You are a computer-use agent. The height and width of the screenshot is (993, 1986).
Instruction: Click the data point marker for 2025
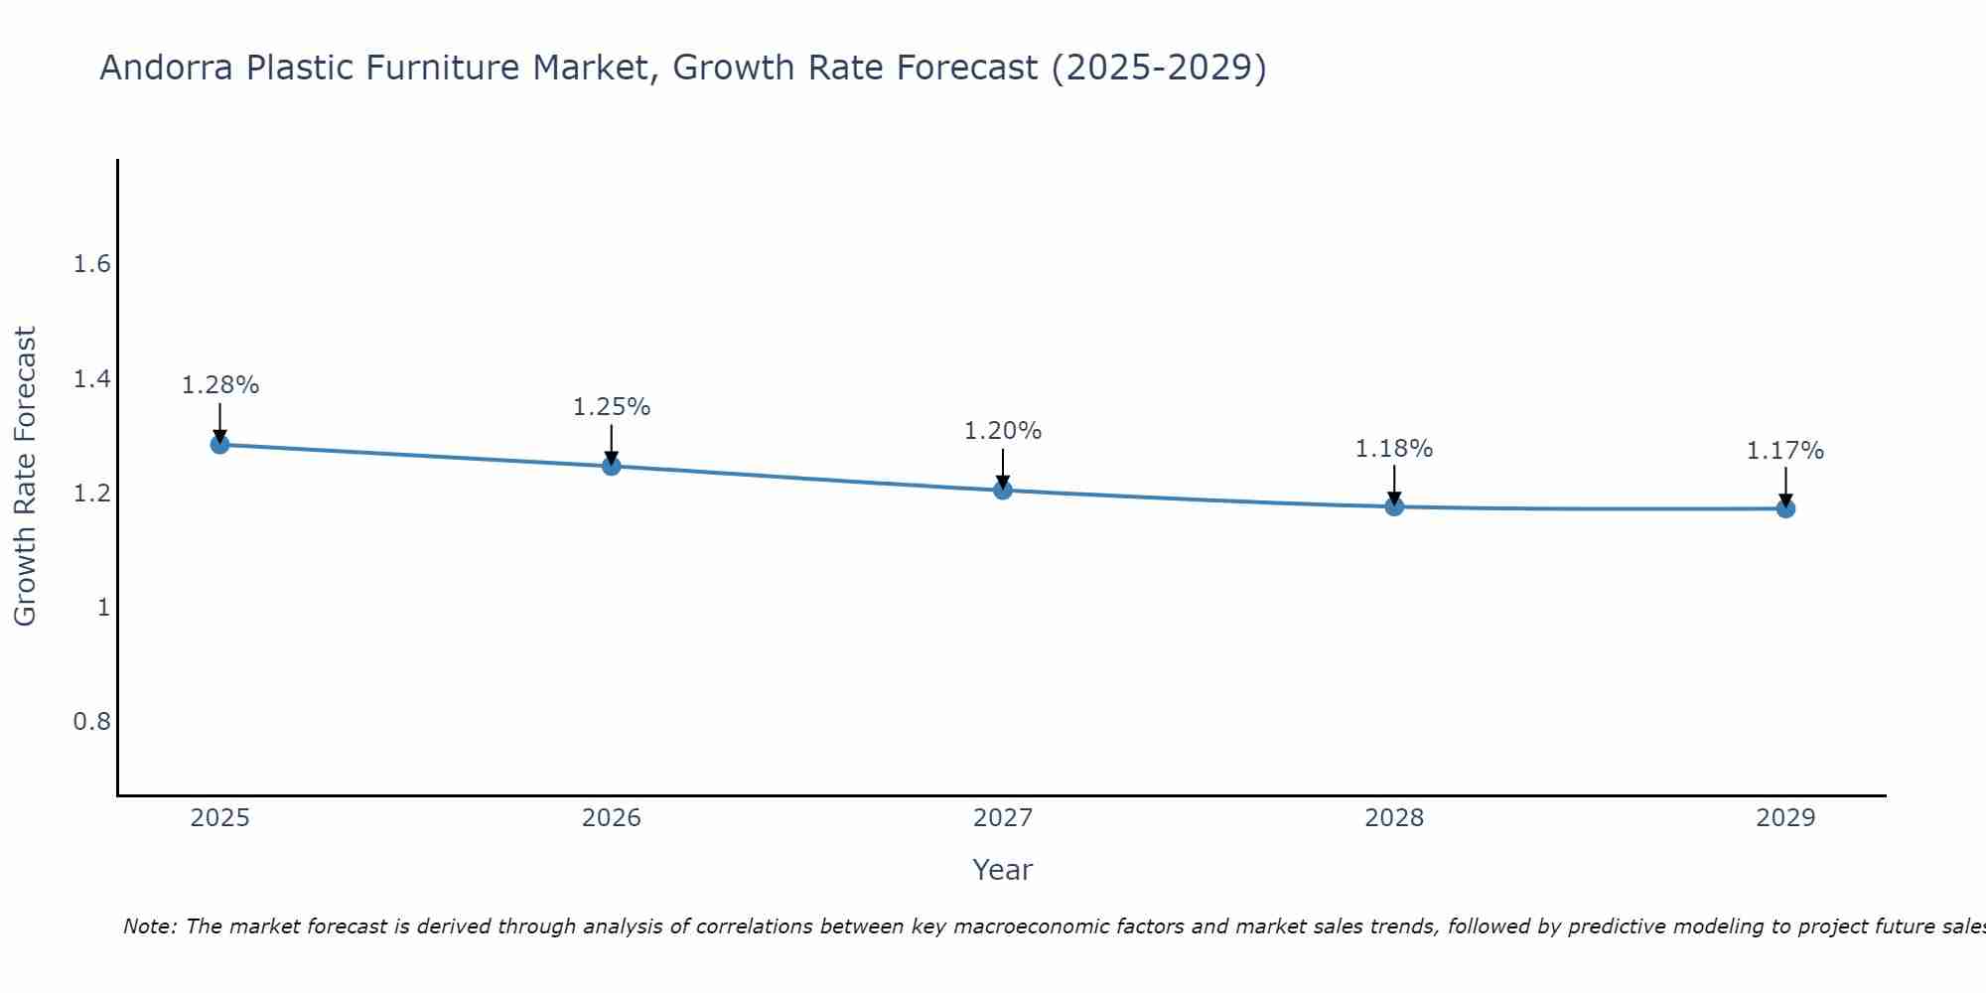pos(219,444)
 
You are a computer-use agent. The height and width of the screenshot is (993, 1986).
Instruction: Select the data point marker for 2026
pos(612,466)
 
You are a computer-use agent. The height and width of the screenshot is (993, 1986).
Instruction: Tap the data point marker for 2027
pos(1003,490)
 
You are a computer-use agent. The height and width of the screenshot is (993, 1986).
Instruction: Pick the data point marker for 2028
pos(1394,506)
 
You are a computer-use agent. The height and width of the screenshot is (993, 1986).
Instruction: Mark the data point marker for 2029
pos(1785,508)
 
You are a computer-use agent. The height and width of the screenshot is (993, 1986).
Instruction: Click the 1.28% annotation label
pos(219,385)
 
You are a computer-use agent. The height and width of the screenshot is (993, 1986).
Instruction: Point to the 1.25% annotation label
pos(612,407)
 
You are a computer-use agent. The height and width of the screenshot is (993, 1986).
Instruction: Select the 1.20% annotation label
pos(1003,431)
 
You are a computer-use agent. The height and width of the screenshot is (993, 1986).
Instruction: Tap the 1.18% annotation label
pos(1394,449)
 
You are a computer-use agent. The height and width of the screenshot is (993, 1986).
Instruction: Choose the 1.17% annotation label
pos(1785,451)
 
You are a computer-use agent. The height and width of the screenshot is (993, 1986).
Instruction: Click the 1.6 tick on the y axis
pos(91,264)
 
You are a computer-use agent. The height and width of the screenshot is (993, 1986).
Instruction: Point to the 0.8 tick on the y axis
pos(91,721)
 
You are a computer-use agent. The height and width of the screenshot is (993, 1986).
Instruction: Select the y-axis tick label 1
pos(103,607)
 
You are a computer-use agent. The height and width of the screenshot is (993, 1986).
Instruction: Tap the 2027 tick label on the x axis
pos(1003,818)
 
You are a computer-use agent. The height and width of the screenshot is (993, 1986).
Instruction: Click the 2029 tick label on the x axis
pos(1785,818)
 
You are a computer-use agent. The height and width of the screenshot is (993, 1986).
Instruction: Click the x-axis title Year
pos(1003,870)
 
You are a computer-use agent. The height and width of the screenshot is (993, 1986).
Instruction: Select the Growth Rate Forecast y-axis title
pos(26,477)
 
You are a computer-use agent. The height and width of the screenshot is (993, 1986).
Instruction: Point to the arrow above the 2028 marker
pos(1394,484)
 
